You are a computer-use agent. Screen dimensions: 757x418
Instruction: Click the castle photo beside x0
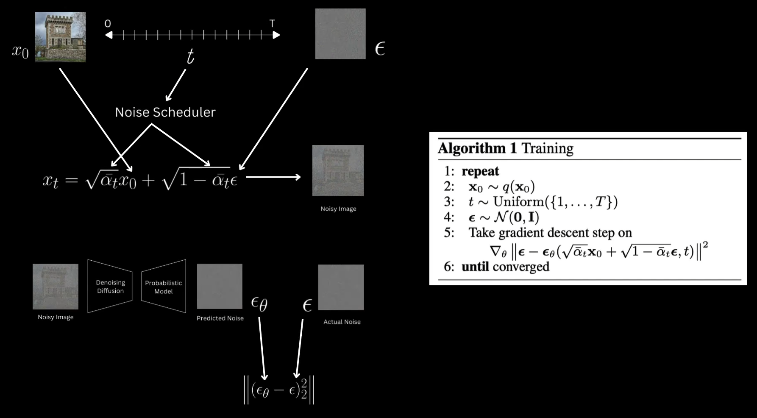pos(60,37)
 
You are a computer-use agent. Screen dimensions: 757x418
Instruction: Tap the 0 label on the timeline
pos(108,24)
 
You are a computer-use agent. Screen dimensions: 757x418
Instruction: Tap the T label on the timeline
pos(272,24)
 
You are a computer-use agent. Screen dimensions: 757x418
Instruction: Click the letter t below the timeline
pos(190,56)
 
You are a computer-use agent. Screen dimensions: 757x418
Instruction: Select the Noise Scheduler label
pos(165,112)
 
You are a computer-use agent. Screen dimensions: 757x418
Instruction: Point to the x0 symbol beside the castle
pos(20,52)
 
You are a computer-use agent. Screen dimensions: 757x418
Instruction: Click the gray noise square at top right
pos(340,34)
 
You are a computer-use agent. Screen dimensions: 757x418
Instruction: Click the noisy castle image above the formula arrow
pos(338,170)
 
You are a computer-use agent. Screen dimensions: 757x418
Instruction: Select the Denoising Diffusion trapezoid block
pos(110,287)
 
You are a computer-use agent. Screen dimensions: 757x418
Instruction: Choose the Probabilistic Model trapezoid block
pos(164,287)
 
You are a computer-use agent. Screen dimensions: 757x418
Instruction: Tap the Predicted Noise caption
pos(220,318)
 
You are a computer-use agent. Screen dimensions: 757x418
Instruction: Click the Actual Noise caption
pos(342,322)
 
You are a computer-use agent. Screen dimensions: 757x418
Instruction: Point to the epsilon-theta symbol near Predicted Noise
pos(259,304)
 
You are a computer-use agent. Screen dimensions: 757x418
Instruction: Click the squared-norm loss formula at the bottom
pos(279,390)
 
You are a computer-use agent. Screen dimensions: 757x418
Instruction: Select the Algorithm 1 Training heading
pos(506,148)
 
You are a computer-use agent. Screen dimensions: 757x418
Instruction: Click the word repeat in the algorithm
pos(480,171)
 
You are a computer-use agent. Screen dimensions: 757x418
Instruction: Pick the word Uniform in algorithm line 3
pos(517,202)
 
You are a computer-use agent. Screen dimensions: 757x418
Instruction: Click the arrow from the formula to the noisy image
pos(273,177)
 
